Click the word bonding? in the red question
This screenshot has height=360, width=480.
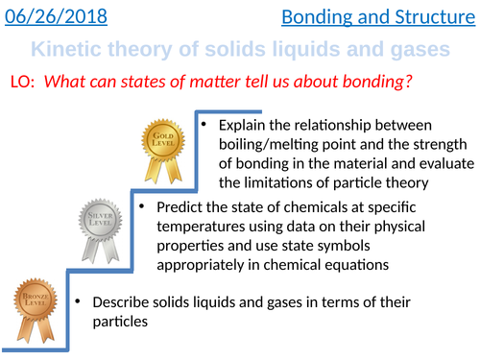coord(372,84)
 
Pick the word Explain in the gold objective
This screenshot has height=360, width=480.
coord(244,126)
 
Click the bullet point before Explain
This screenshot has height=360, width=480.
coord(204,126)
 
